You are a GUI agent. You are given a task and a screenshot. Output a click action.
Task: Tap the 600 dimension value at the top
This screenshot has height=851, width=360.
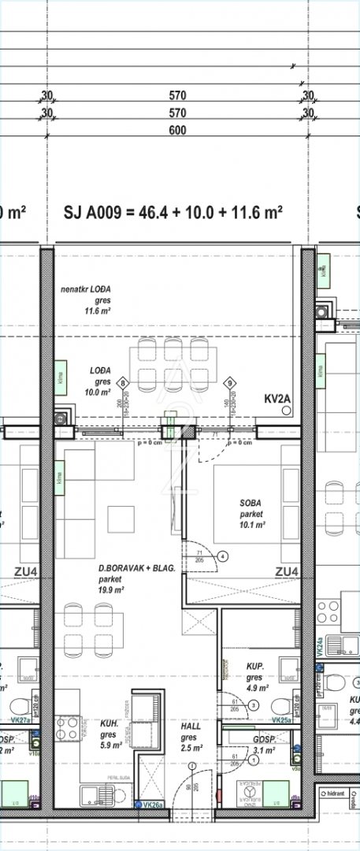(x=177, y=131)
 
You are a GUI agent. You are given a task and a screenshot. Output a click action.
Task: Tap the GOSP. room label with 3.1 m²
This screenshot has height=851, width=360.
(x=263, y=740)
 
